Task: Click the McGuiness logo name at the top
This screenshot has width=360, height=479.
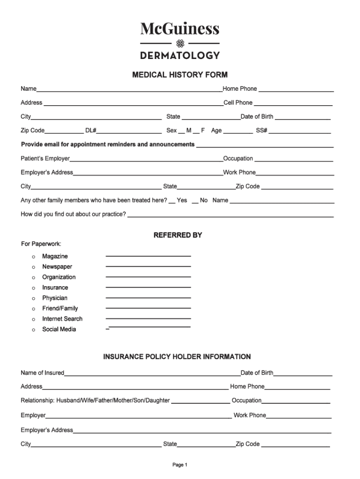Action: (180, 29)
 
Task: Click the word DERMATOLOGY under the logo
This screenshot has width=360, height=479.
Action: (180, 55)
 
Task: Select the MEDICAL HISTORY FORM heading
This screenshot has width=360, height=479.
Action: (180, 75)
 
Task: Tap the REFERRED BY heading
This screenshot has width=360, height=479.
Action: (178, 235)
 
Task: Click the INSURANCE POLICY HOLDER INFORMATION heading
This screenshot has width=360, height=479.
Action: (177, 357)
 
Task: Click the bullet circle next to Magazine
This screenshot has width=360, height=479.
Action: (33, 257)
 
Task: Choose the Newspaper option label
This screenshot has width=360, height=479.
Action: (57, 267)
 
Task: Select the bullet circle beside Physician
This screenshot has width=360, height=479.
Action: (33, 298)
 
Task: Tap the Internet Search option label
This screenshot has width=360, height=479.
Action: (62, 319)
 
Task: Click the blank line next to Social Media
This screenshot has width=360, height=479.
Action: (149, 327)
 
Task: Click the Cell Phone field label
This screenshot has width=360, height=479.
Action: (238, 103)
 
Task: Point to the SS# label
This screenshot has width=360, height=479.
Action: (261, 131)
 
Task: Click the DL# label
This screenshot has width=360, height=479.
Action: (91, 131)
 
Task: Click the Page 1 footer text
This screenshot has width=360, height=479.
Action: (180, 465)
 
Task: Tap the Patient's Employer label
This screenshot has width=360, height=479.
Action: (45, 159)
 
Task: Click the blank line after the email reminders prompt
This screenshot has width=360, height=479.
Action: (265, 147)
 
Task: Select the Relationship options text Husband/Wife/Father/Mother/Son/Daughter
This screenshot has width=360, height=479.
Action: (112, 400)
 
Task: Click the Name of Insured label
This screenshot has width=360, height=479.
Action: (43, 373)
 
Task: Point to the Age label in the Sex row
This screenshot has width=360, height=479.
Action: (216, 131)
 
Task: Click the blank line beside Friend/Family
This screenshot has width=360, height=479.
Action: (148, 308)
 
